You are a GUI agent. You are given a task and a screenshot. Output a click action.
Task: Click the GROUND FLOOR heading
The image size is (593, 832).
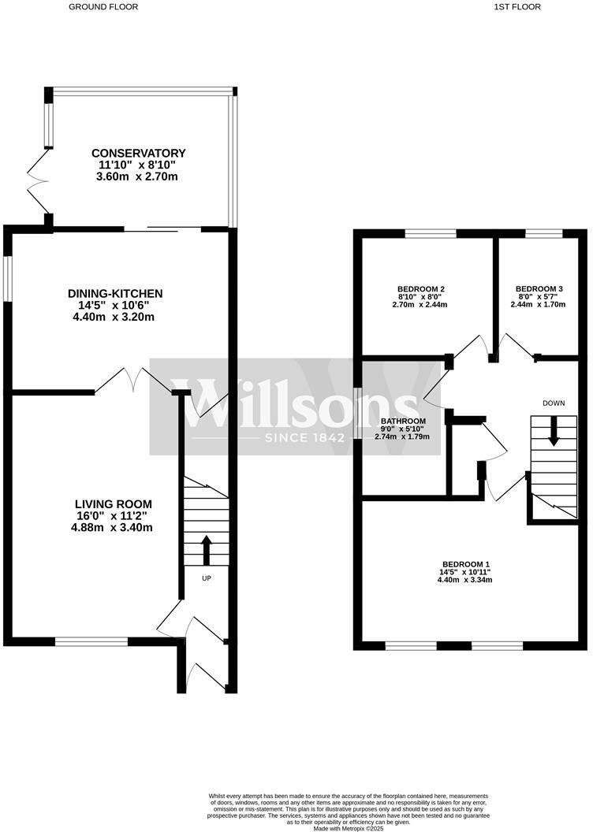click(103, 6)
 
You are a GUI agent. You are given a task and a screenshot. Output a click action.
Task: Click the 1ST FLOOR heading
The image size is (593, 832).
click(517, 6)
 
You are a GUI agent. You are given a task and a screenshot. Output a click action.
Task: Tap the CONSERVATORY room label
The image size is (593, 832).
click(138, 153)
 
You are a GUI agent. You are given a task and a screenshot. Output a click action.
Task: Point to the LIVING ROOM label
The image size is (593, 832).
click(114, 504)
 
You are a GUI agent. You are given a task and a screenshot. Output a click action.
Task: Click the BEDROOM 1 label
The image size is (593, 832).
click(465, 564)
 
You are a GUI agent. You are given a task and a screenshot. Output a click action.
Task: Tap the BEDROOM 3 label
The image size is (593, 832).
click(539, 288)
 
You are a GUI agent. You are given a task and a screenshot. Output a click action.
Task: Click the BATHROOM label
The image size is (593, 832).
click(403, 421)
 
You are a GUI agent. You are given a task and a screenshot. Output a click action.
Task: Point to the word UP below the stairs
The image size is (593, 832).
click(207, 579)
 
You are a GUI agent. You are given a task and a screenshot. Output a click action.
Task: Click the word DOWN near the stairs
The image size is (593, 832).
click(554, 403)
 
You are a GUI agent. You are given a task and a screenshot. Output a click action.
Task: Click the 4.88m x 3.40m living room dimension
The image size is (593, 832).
click(114, 528)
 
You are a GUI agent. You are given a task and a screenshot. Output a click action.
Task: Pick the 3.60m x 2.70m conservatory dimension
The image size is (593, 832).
click(138, 176)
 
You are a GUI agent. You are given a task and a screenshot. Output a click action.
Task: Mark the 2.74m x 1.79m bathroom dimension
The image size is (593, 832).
click(407, 436)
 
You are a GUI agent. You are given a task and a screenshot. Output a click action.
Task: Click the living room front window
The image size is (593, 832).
click(91, 641)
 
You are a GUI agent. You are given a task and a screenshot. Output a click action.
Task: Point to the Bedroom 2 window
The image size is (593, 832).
click(431, 233)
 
